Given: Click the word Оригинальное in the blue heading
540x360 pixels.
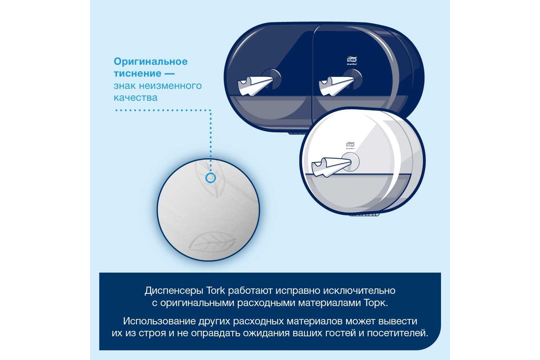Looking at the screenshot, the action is coord(151,62).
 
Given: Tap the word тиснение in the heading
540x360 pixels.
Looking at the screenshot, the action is coord(137,73).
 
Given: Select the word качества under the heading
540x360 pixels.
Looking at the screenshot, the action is coord(135,98).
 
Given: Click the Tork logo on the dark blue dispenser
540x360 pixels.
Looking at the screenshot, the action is coord(352,59).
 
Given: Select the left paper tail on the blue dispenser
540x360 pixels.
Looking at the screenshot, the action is coord(255,85).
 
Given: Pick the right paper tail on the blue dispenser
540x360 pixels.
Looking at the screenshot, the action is coord(336,85).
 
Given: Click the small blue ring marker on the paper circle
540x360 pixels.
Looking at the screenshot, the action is coord(211,178).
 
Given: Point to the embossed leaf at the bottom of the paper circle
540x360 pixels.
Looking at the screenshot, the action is coord(211,242).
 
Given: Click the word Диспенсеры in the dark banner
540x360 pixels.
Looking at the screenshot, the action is coord(174,291).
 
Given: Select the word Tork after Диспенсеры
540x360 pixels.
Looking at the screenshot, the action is coord(215,290).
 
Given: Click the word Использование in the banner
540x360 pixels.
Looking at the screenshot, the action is coord(159,321).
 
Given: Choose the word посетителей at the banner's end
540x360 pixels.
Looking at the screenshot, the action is coord(397,333).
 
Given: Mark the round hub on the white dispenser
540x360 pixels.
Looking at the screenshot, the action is coord(350,162).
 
